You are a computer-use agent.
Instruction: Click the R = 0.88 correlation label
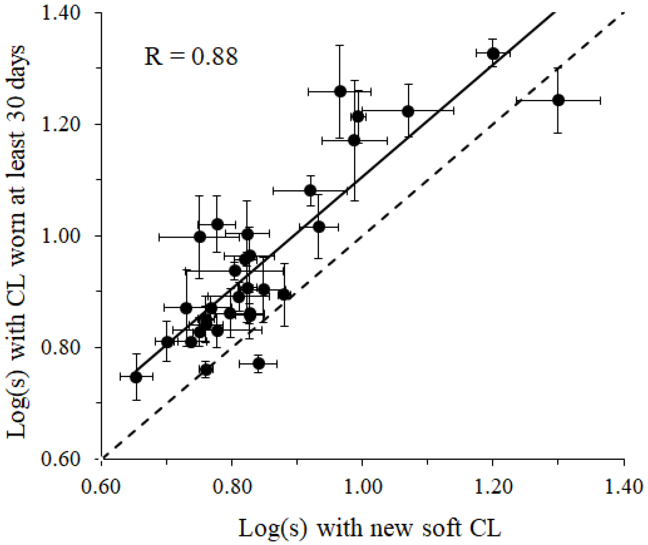(191, 57)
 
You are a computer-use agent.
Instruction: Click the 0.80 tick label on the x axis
(232, 487)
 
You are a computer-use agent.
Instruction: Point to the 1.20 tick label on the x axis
(492, 487)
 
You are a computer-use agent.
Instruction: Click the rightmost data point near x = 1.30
(558, 100)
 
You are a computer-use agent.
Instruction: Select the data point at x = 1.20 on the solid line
(493, 54)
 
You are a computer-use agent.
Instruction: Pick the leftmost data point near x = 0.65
(136, 377)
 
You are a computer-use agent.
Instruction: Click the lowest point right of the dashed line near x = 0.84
(259, 364)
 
